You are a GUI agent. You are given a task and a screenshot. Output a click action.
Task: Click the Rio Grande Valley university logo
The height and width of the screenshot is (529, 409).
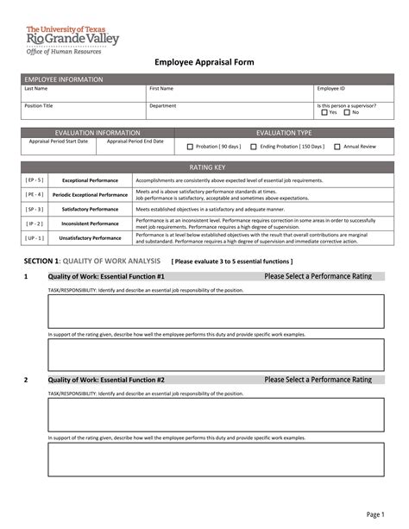(x=72, y=37)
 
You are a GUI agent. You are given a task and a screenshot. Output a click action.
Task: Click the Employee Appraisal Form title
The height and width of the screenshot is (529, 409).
(x=204, y=62)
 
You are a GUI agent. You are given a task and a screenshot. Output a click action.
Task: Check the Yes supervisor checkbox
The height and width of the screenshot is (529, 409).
(x=324, y=112)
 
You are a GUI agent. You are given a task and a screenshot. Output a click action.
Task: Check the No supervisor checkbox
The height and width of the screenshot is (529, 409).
(x=347, y=112)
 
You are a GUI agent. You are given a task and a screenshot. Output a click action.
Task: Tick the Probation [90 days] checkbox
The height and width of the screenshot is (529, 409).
(x=190, y=147)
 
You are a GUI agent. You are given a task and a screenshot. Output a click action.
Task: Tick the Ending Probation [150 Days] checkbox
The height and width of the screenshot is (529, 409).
(x=253, y=147)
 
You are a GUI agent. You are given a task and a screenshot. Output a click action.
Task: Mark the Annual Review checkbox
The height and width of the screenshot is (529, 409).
(x=337, y=147)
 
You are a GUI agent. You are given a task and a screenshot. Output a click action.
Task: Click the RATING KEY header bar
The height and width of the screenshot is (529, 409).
(x=204, y=166)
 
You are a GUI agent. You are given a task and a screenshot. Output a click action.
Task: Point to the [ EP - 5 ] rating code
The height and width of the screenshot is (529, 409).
(x=35, y=180)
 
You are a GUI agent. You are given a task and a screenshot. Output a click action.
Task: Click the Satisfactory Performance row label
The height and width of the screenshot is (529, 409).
(x=90, y=209)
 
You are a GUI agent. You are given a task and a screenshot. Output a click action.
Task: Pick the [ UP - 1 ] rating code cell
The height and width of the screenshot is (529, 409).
(x=35, y=237)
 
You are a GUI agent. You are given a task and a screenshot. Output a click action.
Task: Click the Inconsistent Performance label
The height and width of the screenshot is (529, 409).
(x=90, y=223)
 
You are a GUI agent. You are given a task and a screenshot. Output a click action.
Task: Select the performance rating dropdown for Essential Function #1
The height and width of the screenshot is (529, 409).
(x=318, y=276)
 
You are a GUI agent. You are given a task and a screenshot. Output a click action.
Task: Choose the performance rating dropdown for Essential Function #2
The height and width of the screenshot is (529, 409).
(x=318, y=379)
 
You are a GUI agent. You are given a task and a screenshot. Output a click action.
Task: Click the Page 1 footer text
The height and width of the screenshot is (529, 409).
(x=374, y=514)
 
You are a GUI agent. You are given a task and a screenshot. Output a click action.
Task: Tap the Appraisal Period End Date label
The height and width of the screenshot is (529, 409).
(x=135, y=141)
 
